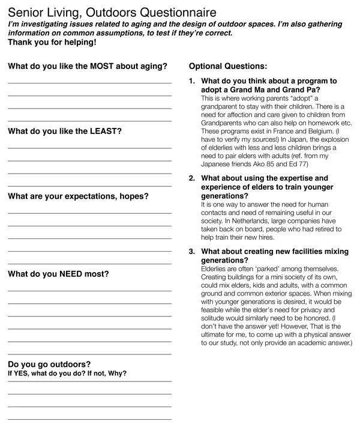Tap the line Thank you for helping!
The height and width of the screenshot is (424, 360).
52,43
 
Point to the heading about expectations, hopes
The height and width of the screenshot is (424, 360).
78,196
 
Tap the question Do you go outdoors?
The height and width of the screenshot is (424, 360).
49,364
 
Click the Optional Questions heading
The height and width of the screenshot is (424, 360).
228,66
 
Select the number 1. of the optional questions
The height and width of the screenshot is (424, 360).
192,80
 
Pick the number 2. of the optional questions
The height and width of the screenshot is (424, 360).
192,178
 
